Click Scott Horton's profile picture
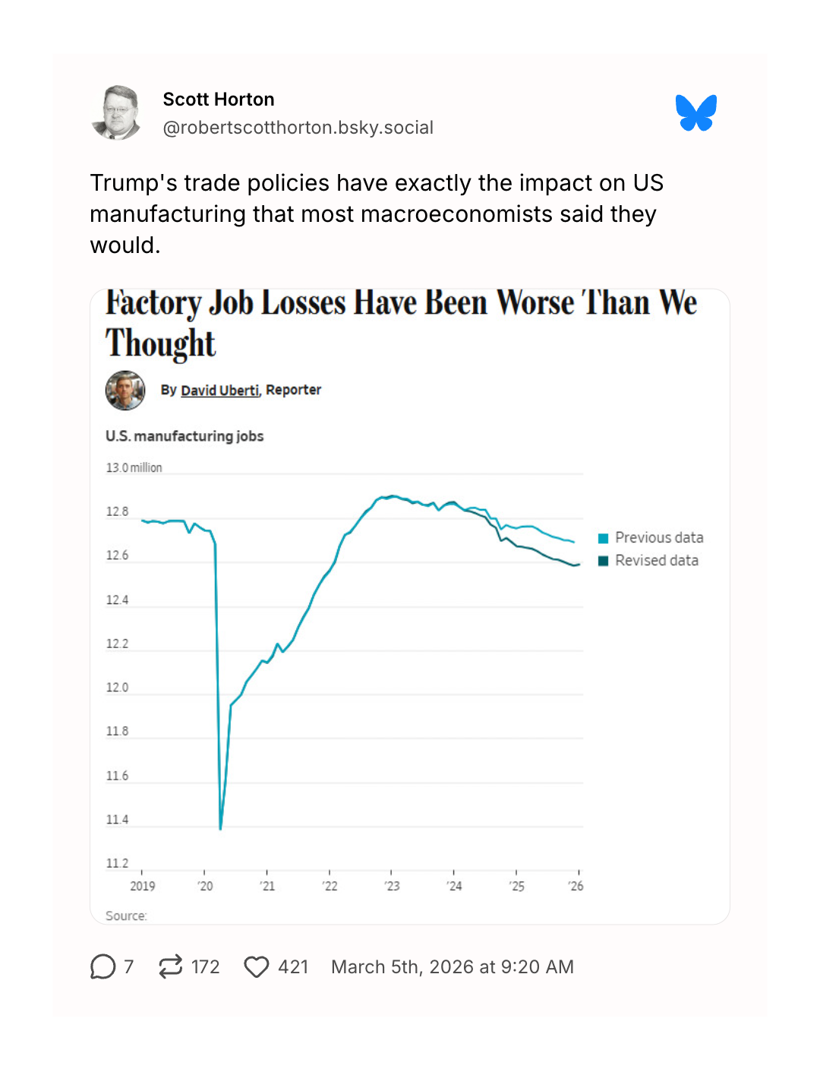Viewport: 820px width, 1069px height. pos(116,113)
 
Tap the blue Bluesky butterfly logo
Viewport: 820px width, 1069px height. pos(695,113)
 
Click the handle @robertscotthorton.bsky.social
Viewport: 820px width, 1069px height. pos(298,128)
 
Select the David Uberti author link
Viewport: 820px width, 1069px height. pos(219,390)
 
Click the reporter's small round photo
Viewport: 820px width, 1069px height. pos(125,391)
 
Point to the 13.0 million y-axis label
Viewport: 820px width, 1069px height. pos(134,467)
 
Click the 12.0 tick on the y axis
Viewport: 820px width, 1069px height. pos(117,688)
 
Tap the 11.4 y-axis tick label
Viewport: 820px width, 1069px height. pos(117,820)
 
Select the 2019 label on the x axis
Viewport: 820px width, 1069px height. pos(142,886)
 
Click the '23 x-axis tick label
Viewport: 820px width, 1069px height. pos(392,886)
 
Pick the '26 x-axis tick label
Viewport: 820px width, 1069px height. pos(576,886)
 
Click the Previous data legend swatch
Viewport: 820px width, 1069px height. pos(604,539)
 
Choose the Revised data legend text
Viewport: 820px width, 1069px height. pos(657,561)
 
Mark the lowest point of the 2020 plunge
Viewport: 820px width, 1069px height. pos(221,828)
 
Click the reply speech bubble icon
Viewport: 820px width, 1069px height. pos(102,966)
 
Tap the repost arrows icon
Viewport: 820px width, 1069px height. pos(171,966)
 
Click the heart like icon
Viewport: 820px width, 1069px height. pos(257,966)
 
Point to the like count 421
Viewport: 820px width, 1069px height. pos(293,966)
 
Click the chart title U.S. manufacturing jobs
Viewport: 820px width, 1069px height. pos(184,436)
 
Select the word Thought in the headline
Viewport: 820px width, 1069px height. pos(161,343)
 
